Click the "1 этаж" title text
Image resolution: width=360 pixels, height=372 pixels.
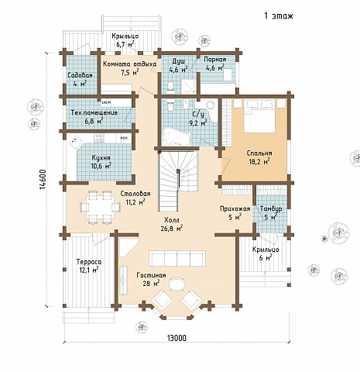(279, 15)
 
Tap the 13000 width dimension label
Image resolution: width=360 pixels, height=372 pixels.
(177, 338)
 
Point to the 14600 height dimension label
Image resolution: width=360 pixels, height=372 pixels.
(43, 180)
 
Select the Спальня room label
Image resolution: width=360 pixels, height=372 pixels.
(259, 153)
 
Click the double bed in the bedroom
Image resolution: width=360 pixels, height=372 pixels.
(261, 115)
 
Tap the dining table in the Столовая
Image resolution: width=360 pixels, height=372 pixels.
(101, 207)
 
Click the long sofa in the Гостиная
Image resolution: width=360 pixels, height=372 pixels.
(177, 258)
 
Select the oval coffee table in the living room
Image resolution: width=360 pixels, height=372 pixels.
(177, 285)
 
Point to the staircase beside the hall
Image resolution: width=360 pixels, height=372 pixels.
(178, 181)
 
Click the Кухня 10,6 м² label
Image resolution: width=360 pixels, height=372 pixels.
(101, 162)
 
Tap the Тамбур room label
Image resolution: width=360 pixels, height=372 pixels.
(271, 208)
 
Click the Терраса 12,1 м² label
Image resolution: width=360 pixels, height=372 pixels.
(88, 266)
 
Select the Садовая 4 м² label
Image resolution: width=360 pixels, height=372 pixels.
(80, 79)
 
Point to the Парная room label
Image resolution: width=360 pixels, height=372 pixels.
(215, 60)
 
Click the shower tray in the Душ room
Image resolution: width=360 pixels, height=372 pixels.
(189, 86)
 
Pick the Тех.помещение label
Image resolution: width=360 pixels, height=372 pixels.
(94, 112)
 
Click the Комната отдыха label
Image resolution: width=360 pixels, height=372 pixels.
(129, 64)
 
